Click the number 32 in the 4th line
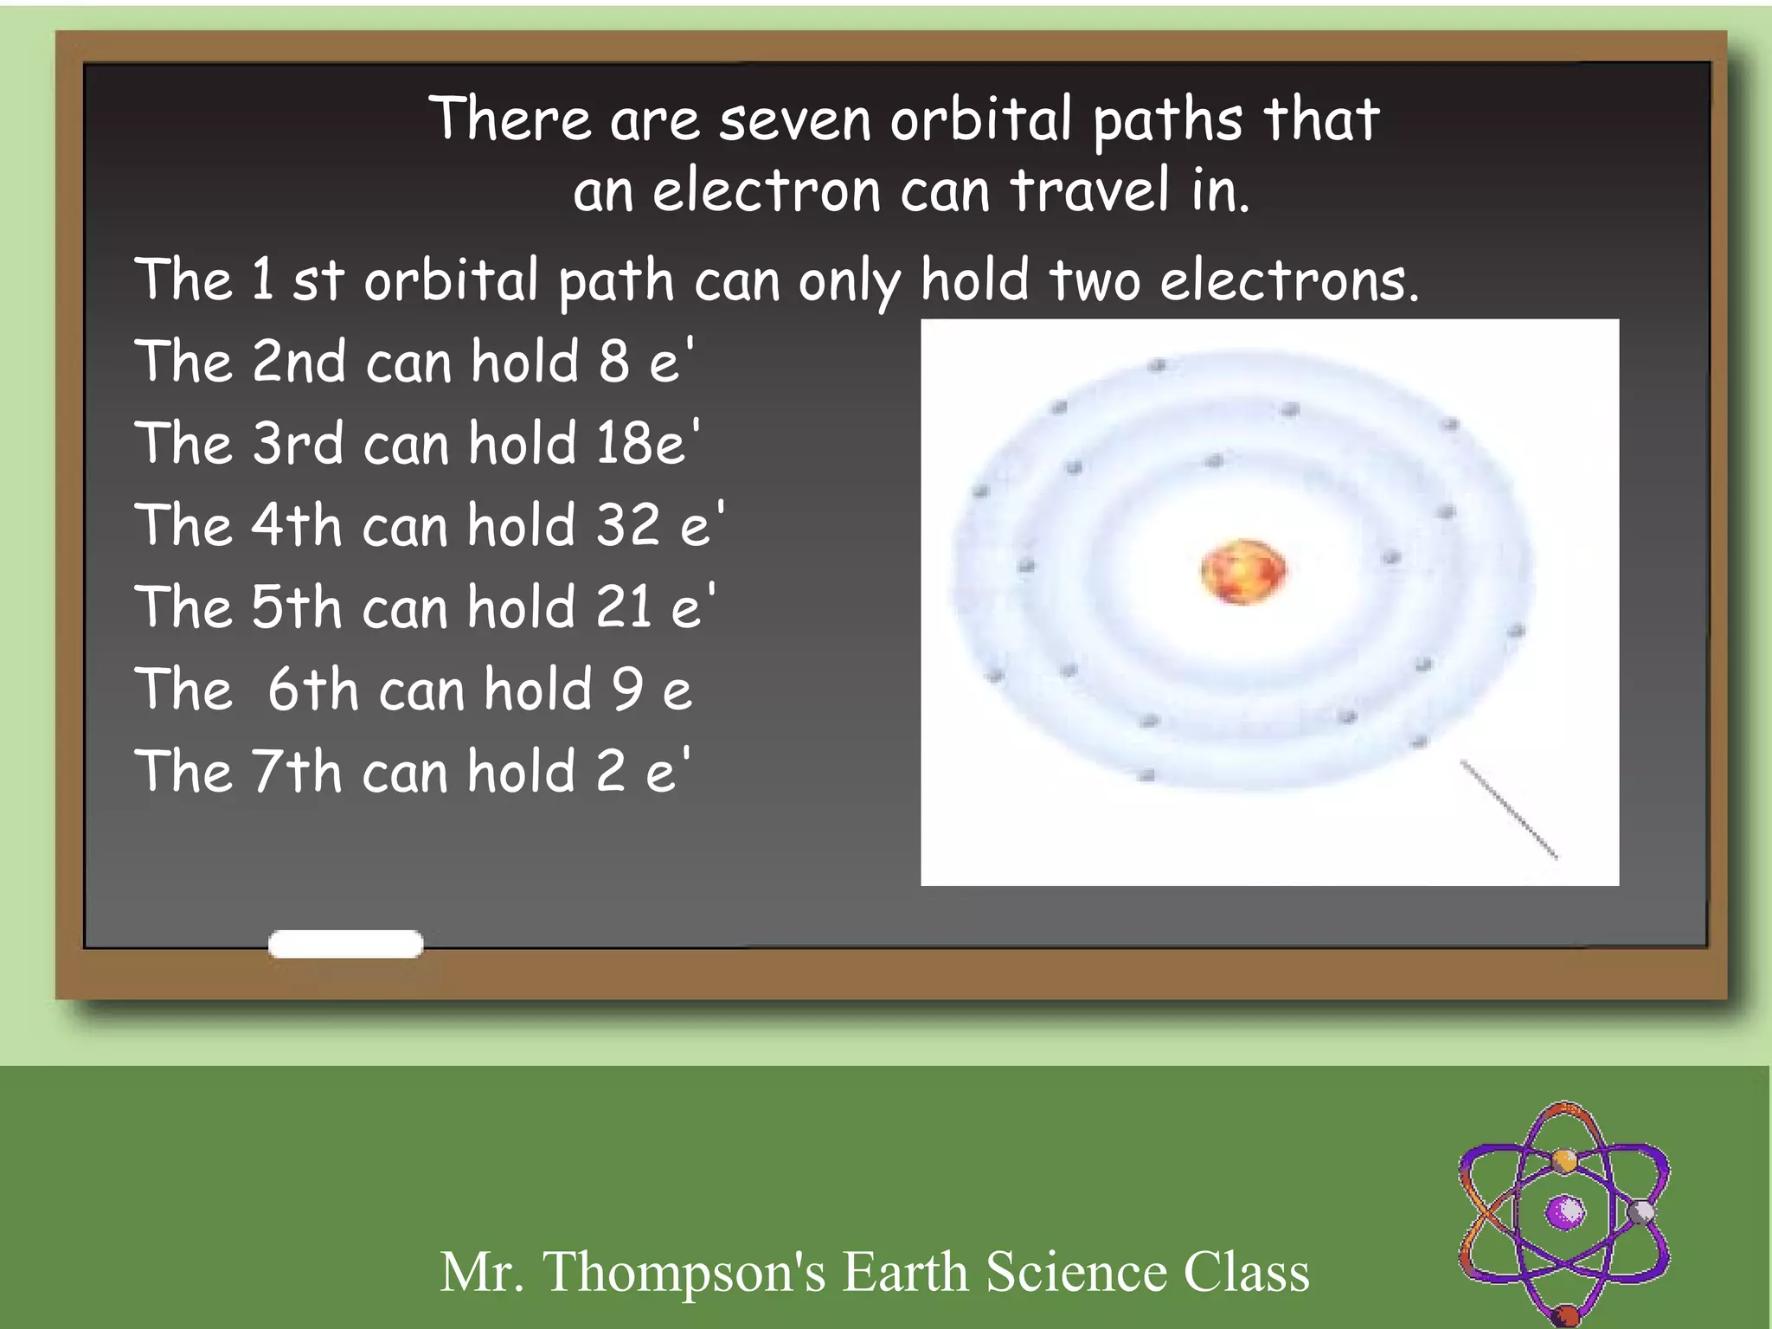click(627, 525)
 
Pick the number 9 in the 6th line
click(627, 690)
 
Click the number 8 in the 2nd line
click(613, 362)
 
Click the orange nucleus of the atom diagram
click(1242, 571)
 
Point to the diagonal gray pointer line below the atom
click(1509, 810)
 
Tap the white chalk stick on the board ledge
click(345, 944)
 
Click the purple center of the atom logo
click(1564, 1212)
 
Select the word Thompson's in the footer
click(684, 1272)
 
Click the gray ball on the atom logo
click(1640, 1211)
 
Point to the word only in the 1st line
click(849, 282)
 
